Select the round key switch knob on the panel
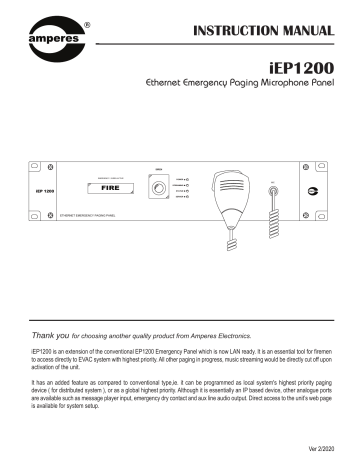click(x=158, y=187)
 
